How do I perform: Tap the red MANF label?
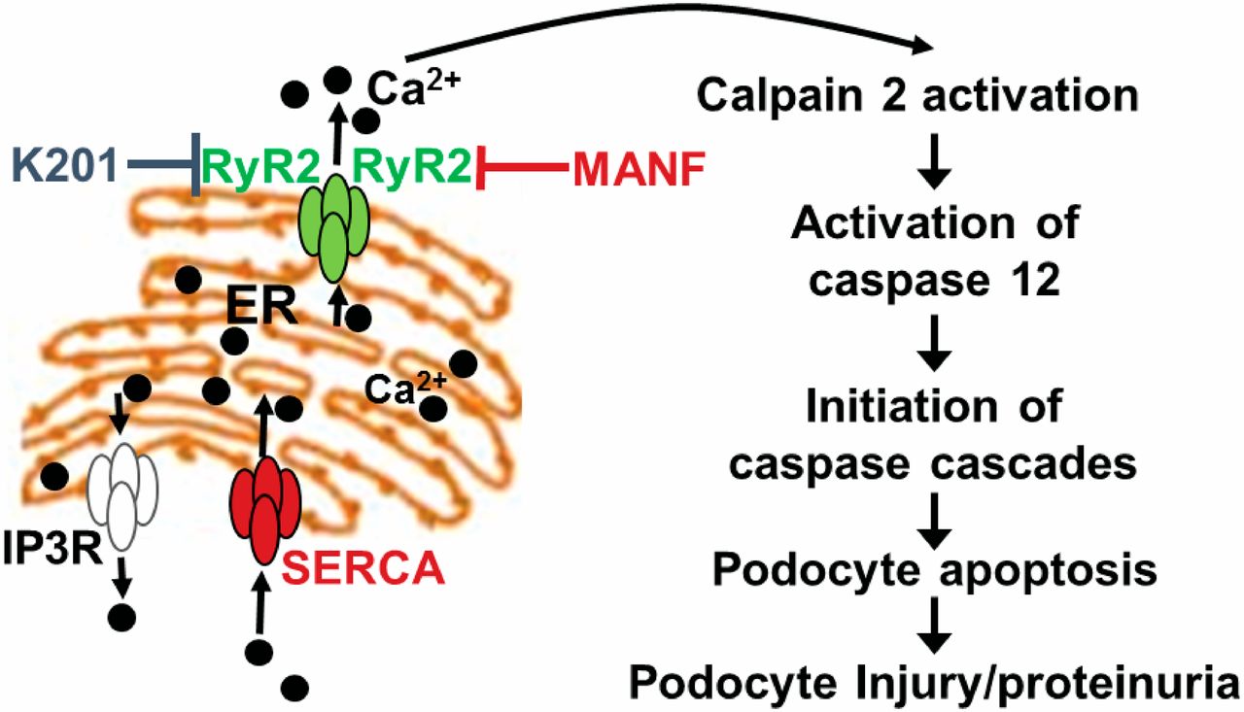[636, 170]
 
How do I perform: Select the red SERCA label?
[363, 565]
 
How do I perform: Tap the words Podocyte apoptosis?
[934, 569]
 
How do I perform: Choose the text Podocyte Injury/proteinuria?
[933, 682]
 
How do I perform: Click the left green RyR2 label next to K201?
[260, 168]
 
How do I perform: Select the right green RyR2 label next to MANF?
[415, 168]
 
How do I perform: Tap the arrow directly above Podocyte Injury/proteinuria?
[934, 626]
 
